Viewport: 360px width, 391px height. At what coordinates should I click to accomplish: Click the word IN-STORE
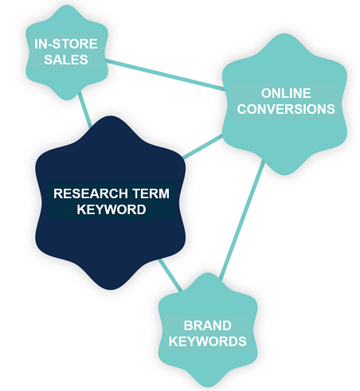pos(66,44)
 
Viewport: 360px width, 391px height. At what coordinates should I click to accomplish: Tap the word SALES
pos(66,60)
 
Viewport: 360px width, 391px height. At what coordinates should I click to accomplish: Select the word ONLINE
pos(286,93)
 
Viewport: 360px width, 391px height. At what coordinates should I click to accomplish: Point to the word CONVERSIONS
pos(286,109)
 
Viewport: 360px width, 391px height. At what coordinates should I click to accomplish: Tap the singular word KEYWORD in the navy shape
pos(112,209)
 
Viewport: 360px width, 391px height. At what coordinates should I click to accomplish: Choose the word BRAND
pos(208,326)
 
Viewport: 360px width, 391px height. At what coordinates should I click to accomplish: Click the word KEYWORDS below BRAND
pos(208,342)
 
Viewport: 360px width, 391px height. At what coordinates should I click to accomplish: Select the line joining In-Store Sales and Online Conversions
pos(165,75)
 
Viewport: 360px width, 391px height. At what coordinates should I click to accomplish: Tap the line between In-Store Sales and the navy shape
pos(85,109)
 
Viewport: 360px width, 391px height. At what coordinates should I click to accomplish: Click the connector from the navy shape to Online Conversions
pos(202,147)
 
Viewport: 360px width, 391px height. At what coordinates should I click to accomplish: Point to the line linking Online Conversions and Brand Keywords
pos(241,220)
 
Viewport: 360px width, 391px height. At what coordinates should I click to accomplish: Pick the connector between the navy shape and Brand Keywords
pos(170,275)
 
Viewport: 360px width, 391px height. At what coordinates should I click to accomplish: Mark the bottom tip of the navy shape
pos(111,290)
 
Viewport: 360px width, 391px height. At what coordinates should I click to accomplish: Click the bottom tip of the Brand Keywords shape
pos(208,387)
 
